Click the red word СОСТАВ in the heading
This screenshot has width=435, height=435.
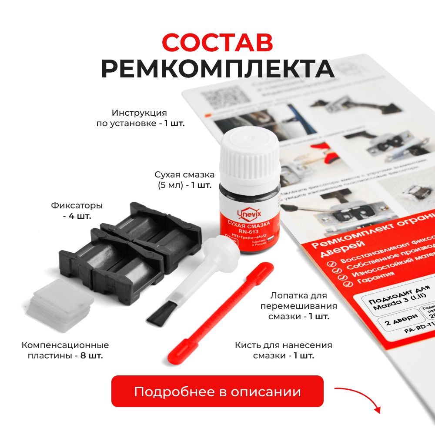click(x=217, y=42)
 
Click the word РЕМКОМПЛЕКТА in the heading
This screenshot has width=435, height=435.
click(x=217, y=68)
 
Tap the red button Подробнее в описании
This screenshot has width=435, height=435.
click(x=217, y=391)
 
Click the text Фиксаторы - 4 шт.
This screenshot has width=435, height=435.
click(x=77, y=210)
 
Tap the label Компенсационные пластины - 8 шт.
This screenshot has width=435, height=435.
click(x=65, y=350)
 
